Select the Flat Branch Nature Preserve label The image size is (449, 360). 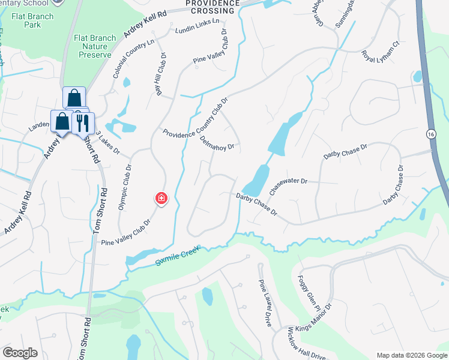point(94,46)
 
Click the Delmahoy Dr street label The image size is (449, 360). point(217,142)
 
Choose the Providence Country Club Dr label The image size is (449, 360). point(196,118)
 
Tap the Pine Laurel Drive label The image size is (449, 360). point(265,303)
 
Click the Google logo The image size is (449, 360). point(20,353)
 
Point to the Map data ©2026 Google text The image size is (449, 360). point(411,355)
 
